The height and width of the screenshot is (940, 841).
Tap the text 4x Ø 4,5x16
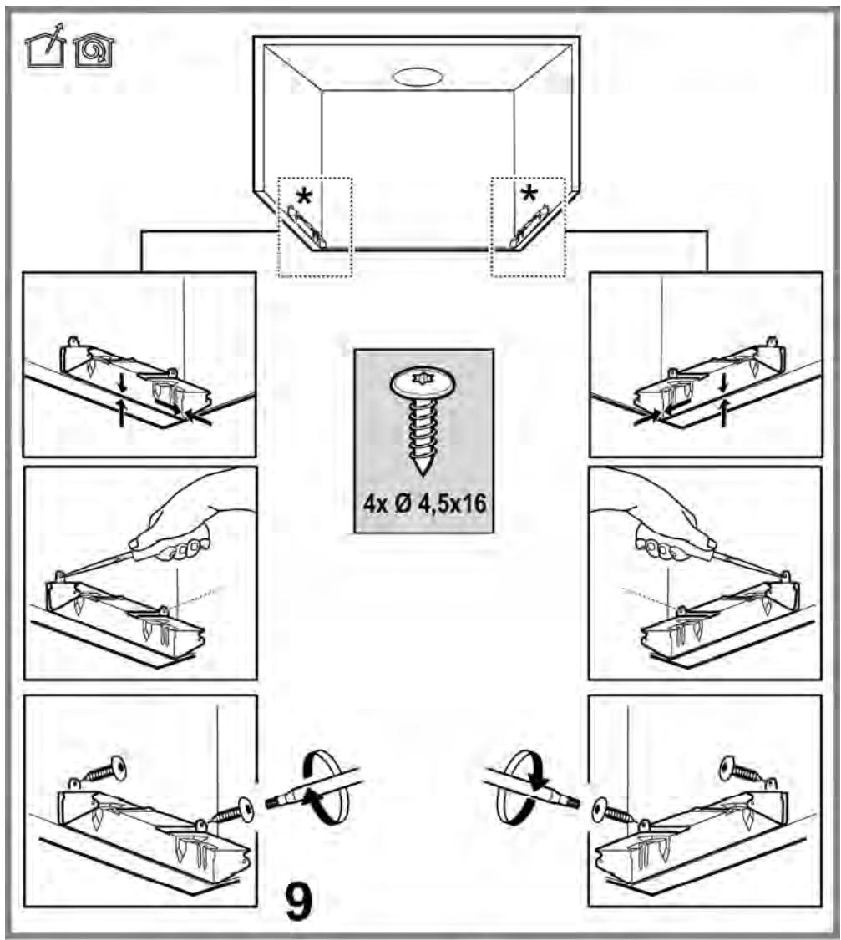(424, 503)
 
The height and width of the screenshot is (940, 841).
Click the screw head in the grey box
(423, 382)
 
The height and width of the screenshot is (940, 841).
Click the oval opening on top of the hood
(418, 77)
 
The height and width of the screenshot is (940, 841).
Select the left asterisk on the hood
(304, 197)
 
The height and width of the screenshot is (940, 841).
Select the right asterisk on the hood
(529, 195)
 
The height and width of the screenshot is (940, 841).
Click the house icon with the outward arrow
(46, 47)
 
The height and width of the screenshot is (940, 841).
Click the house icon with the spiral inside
(94, 51)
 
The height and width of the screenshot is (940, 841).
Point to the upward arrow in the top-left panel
(122, 413)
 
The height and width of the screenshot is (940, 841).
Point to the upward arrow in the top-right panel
(725, 413)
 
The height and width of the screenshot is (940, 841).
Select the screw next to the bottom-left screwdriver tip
(233, 811)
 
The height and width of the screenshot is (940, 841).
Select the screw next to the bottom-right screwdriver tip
(613, 811)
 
